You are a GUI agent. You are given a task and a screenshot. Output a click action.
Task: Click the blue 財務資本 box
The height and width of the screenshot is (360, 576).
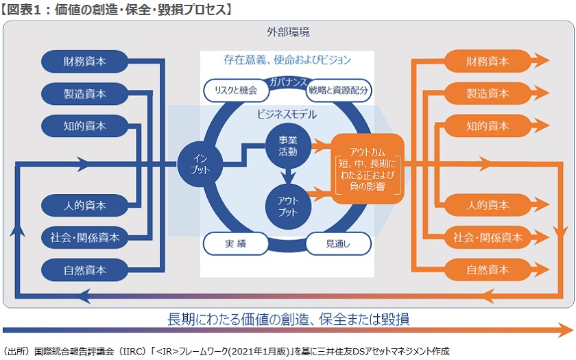85,61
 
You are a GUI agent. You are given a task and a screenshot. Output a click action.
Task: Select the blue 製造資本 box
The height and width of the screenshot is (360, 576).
85,93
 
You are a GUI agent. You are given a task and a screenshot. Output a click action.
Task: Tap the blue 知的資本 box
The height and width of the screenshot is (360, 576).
85,125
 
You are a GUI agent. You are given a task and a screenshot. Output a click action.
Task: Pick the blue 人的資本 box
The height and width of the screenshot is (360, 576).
85,205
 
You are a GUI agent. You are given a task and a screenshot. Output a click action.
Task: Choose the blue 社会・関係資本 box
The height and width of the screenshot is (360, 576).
85,237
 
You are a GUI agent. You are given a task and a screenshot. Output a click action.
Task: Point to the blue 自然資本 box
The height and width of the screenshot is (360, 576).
85,269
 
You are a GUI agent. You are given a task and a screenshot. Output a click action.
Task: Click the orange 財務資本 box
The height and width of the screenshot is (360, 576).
488,61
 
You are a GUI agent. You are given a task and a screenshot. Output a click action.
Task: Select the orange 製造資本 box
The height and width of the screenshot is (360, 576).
488,93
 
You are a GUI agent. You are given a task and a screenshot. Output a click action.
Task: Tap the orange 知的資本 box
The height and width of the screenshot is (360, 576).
488,125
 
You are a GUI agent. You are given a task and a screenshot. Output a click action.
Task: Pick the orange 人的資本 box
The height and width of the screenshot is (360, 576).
488,205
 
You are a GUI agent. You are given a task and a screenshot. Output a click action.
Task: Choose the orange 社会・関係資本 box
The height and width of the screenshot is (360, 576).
488,237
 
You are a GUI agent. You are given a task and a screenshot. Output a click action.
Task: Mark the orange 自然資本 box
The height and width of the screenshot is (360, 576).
488,269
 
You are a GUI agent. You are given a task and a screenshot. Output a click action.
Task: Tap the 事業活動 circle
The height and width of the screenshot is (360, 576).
288,145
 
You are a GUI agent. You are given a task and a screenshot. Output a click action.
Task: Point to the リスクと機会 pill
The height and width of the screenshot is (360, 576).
236,90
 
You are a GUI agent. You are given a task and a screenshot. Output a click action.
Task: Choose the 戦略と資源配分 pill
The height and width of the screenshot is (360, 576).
339,90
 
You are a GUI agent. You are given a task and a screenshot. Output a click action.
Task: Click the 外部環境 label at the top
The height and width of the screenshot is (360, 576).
288,32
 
